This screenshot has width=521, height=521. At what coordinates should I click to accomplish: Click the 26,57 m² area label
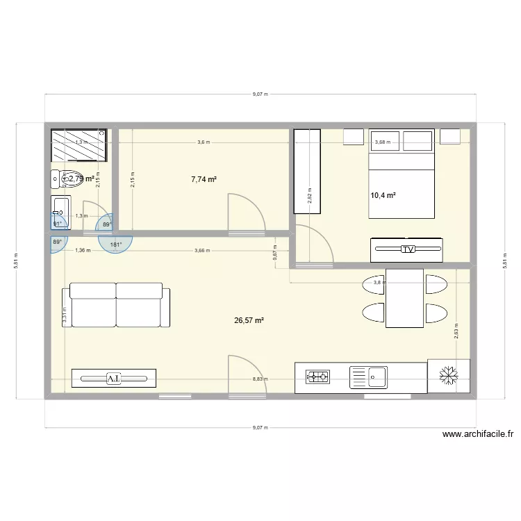[250, 320]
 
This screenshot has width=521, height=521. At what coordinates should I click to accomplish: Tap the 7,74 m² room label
[204, 179]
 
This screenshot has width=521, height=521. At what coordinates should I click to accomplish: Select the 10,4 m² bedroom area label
[383, 196]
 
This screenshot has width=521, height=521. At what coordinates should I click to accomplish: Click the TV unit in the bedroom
[406, 249]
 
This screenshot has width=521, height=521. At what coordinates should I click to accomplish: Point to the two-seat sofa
[116, 305]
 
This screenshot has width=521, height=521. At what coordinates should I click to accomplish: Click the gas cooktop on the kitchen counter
[318, 377]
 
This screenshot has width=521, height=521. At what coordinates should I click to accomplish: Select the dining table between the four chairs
[404, 298]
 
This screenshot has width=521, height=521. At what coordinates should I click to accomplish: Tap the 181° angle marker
[115, 244]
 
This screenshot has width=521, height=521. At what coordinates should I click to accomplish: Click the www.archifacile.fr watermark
[477, 435]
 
